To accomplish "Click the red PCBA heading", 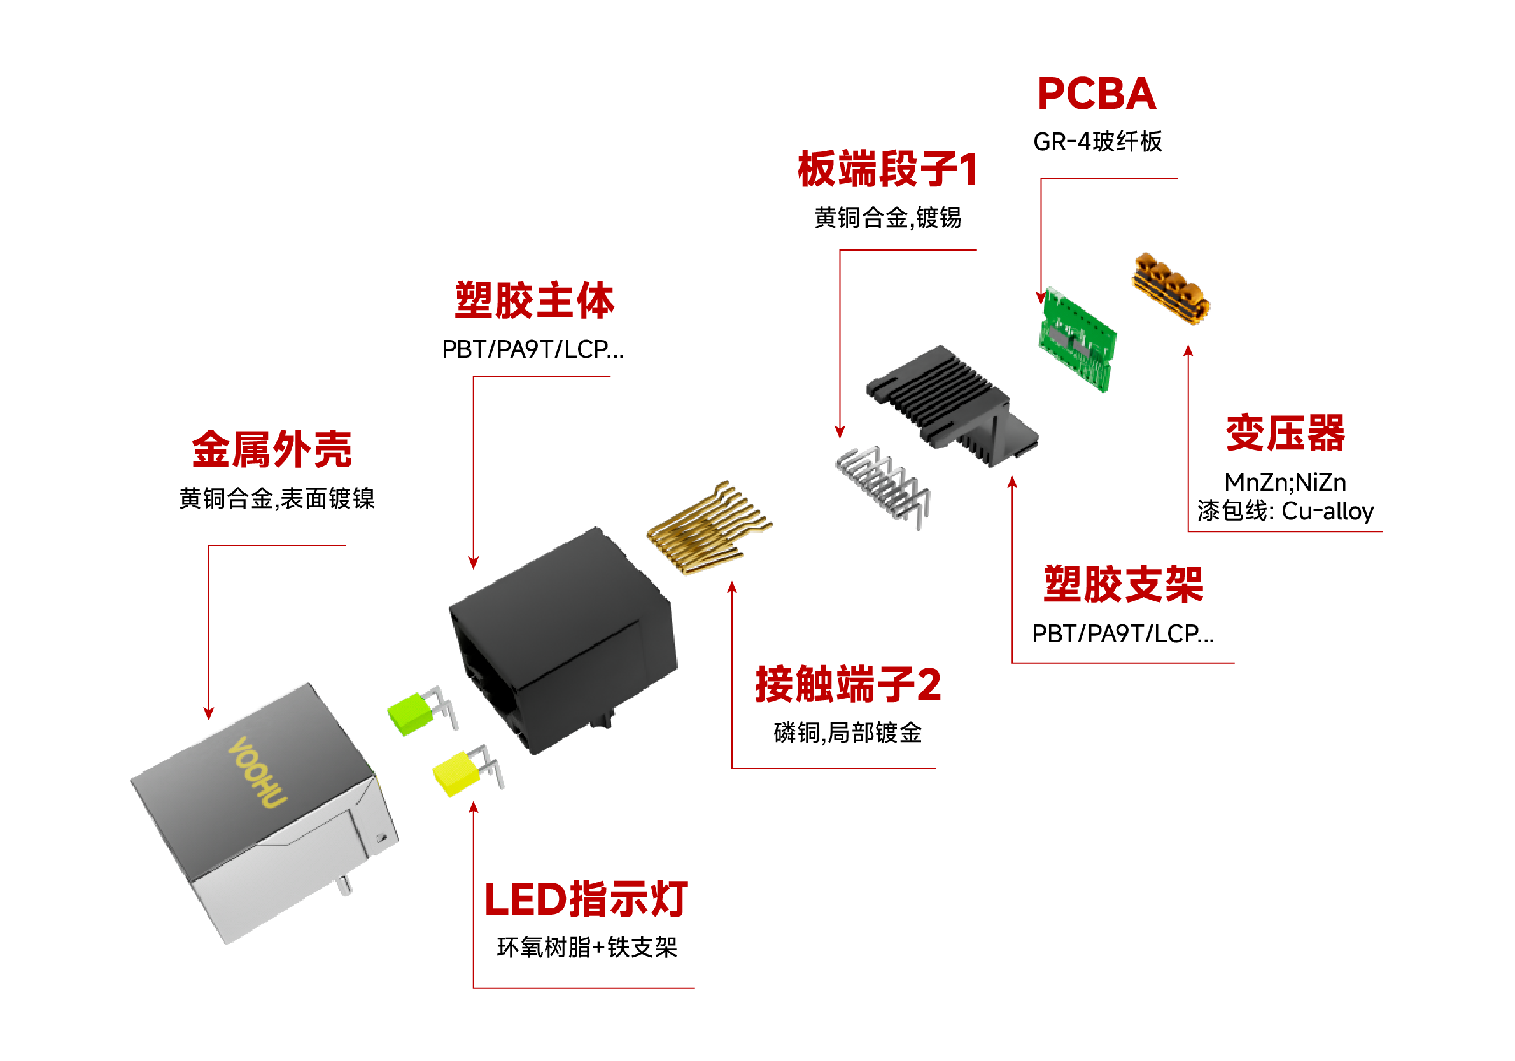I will (1096, 94).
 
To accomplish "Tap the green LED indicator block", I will (411, 713).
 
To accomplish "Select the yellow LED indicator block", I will (456, 773).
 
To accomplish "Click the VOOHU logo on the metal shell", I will (257, 771).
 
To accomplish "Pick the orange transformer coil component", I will (1171, 288).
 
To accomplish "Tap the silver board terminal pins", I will (883, 486).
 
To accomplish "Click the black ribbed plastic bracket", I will (950, 402).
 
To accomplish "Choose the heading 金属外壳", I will (272, 450).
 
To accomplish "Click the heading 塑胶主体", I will (535, 301).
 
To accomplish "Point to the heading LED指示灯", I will (586, 899).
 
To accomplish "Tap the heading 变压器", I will (1285, 434).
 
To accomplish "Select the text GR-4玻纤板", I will (1097, 142).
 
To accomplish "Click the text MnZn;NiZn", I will (1285, 482).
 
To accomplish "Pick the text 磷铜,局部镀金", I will (847, 733).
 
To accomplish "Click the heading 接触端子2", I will (848, 685).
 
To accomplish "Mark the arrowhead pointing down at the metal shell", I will (209, 714).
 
